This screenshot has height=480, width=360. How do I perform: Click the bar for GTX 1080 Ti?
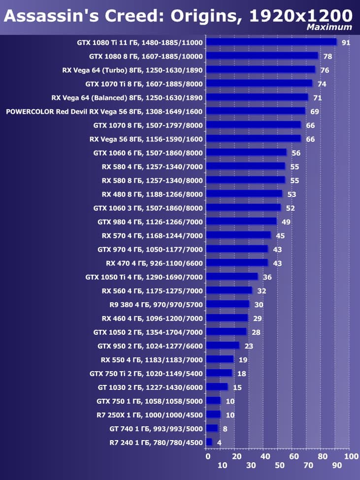point(271,42)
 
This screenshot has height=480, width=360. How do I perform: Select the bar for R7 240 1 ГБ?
point(209,443)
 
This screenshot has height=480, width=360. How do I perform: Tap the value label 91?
point(346,43)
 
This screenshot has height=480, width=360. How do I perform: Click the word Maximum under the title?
point(329,28)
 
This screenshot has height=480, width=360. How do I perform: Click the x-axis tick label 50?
point(280,465)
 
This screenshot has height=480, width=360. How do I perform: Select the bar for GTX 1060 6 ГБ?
point(246,153)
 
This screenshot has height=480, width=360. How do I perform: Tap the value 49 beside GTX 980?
point(286,222)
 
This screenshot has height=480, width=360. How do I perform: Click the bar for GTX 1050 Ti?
point(232,277)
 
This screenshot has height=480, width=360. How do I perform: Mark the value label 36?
point(267,277)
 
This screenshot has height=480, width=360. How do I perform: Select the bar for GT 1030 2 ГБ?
point(217,387)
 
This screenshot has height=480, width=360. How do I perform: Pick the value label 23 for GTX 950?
point(249,346)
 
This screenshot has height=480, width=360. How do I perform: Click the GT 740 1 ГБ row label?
point(156,429)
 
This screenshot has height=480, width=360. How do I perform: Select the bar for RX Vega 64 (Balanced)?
point(257,97)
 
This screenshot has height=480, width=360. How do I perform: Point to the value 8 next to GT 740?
point(225,429)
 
